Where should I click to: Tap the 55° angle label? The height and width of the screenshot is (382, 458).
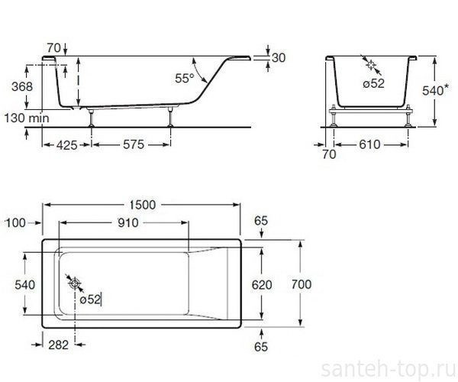[184, 78]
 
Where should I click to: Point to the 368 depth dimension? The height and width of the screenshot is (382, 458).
[22, 87]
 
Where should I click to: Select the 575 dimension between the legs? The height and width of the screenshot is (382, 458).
[132, 143]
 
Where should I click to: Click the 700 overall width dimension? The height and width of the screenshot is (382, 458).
[302, 283]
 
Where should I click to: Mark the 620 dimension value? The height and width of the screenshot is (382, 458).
[262, 283]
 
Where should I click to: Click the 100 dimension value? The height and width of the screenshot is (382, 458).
[15, 222]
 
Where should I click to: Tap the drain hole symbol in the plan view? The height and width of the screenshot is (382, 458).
[75, 284]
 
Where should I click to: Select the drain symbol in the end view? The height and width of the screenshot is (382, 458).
[372, 67]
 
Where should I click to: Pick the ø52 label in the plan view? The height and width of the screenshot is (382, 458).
[89, 299]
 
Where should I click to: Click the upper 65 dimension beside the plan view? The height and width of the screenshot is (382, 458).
[261, 221]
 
